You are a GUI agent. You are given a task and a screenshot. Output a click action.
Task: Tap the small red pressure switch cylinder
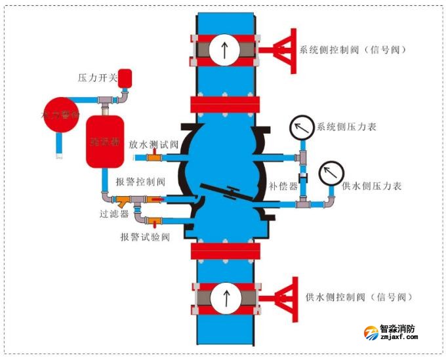coord(125,78)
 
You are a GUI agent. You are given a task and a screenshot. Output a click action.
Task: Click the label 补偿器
coord(283,186)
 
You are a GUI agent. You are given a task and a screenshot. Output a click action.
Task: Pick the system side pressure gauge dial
coord(302,127)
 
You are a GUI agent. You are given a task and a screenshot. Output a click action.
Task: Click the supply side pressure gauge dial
coord(331,174)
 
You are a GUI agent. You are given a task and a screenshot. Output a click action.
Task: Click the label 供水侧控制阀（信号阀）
coord(359,297)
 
